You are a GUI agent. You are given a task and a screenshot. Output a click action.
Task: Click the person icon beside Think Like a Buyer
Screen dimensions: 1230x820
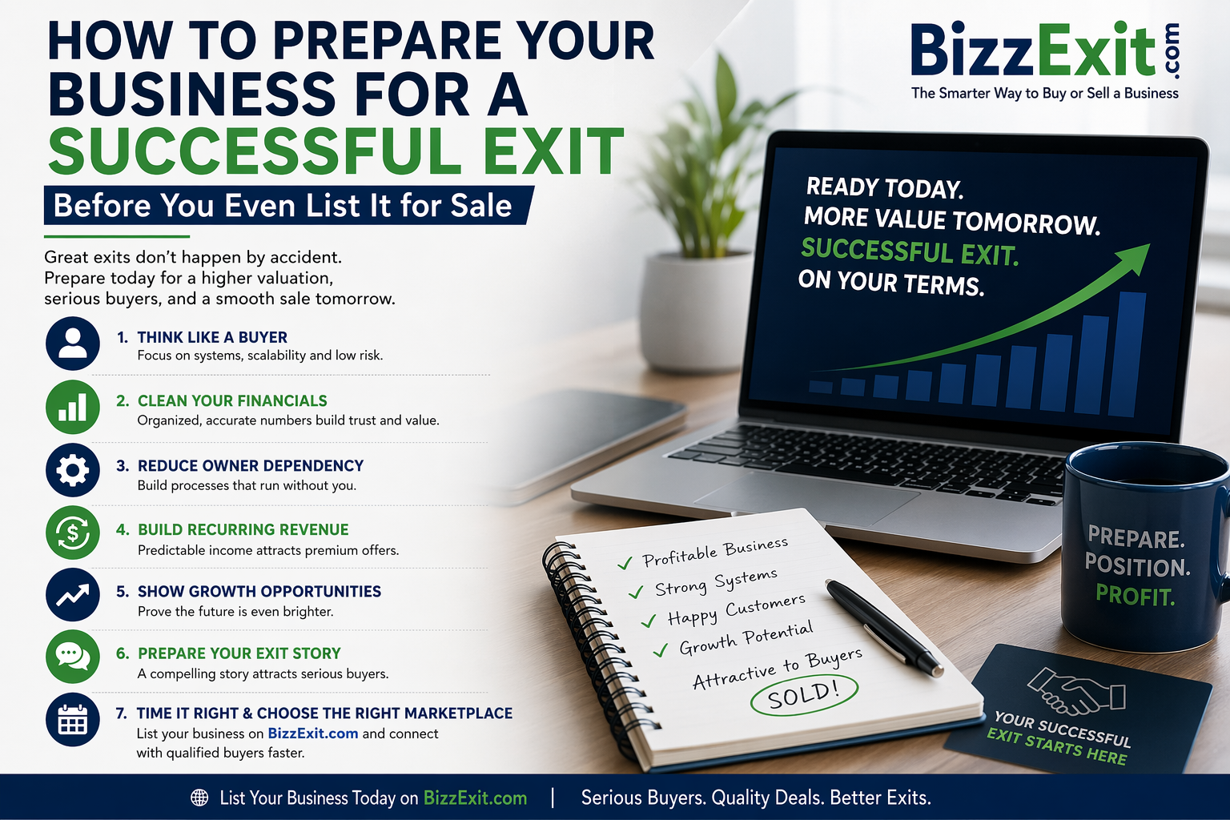tap(73, 344)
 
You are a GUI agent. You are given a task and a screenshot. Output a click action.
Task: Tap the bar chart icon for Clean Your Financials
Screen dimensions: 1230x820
tap(73, 407)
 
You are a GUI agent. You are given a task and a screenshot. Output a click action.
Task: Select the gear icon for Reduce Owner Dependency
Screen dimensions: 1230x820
tap(73, 470)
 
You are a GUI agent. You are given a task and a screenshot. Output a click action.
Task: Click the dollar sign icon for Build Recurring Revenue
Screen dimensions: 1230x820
tap(73, 533)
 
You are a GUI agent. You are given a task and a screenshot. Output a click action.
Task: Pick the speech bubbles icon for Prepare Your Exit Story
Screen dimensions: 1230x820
tap(73, 657)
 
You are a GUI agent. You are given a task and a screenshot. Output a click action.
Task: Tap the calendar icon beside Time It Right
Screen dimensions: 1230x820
tap(73, 719)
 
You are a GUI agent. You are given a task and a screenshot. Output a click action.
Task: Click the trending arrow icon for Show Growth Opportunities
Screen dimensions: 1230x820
tap(73, 595)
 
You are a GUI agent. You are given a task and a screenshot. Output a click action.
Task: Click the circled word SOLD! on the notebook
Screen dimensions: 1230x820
tap(803, 695)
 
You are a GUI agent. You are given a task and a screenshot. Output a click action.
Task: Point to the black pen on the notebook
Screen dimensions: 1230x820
tap(883, 626)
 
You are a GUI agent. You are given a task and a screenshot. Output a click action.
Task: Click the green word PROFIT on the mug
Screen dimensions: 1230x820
tap(1136, 596)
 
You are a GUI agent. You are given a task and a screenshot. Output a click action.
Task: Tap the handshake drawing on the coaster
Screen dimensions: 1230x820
tap(1076, 690)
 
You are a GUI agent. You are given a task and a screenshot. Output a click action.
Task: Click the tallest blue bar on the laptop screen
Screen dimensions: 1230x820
tap(1127, 354)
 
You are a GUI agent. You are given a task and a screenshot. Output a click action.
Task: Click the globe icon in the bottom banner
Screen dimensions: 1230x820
tap(199, 798)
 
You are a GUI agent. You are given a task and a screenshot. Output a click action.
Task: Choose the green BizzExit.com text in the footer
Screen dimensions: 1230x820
tap(475, 798)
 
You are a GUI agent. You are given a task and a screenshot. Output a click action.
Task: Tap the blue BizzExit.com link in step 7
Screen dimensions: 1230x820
tap(313, 734)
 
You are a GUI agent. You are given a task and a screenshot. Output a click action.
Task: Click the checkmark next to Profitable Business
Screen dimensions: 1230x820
tap(625, 563)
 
